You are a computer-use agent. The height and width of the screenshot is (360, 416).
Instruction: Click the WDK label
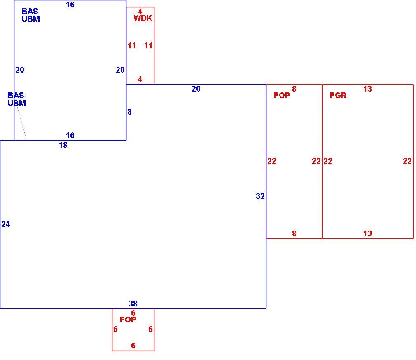click(143, 18)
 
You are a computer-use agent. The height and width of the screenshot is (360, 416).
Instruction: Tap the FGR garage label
click(338, 95)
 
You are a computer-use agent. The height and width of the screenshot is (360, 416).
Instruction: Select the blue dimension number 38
click(133, 304)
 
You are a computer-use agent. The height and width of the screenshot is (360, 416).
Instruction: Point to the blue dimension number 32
click(260, 196)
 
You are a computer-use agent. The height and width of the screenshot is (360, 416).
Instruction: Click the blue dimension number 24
click(6, 224)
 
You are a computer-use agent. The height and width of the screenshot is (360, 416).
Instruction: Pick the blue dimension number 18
click(63, 145)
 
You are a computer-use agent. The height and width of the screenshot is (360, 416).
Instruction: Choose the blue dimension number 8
click(129, 112)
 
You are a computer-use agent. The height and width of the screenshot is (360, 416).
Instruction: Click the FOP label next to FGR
click(282, 95)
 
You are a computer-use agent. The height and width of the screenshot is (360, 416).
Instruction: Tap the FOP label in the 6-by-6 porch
click(128, 320)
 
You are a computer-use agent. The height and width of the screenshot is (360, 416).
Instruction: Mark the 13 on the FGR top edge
click(367, 89)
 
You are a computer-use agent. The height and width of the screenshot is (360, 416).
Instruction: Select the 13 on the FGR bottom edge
click(367, 233)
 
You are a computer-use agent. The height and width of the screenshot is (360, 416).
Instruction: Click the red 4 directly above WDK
click(140, 12)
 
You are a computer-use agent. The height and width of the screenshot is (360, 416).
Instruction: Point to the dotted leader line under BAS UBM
click(22, 123)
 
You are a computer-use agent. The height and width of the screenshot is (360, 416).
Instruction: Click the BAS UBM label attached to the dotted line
click(17, 99)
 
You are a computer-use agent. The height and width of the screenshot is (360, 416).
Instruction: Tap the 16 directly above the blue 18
click(70, 136)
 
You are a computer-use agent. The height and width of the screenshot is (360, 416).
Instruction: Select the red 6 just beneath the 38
click(133, 313)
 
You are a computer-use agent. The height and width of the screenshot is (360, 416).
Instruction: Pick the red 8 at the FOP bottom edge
click(294, 233)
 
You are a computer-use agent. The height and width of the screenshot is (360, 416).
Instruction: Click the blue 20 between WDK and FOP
click(196, 89)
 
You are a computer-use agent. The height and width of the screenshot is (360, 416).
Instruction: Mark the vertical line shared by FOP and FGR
click(322, 161)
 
